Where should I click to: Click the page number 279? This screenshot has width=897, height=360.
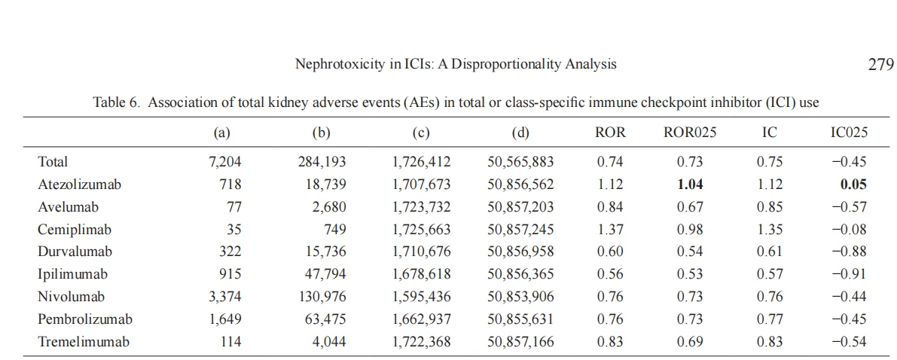click(877, 65)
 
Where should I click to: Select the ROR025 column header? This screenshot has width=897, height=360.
click(690, 133)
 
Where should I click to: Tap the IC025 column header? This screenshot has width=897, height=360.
click(849, 133)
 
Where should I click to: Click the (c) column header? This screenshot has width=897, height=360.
click(420, 133)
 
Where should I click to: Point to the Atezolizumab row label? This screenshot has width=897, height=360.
click(80, 185)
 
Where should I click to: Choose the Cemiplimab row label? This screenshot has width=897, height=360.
click(75, 230)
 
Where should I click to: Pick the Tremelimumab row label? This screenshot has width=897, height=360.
click(84, 342)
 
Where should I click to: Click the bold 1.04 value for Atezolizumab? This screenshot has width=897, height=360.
click(690, 185)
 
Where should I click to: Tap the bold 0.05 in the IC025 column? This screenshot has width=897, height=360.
click(853, 185)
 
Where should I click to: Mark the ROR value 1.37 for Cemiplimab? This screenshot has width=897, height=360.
click(611, 230)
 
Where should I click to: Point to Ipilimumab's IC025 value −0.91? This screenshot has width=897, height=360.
click(849, 275)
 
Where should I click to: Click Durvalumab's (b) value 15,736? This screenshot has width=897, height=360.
click(325, 252)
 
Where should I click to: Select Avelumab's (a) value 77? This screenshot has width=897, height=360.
click(234, 207)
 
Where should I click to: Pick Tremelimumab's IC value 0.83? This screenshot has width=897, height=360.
click(770, 342)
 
